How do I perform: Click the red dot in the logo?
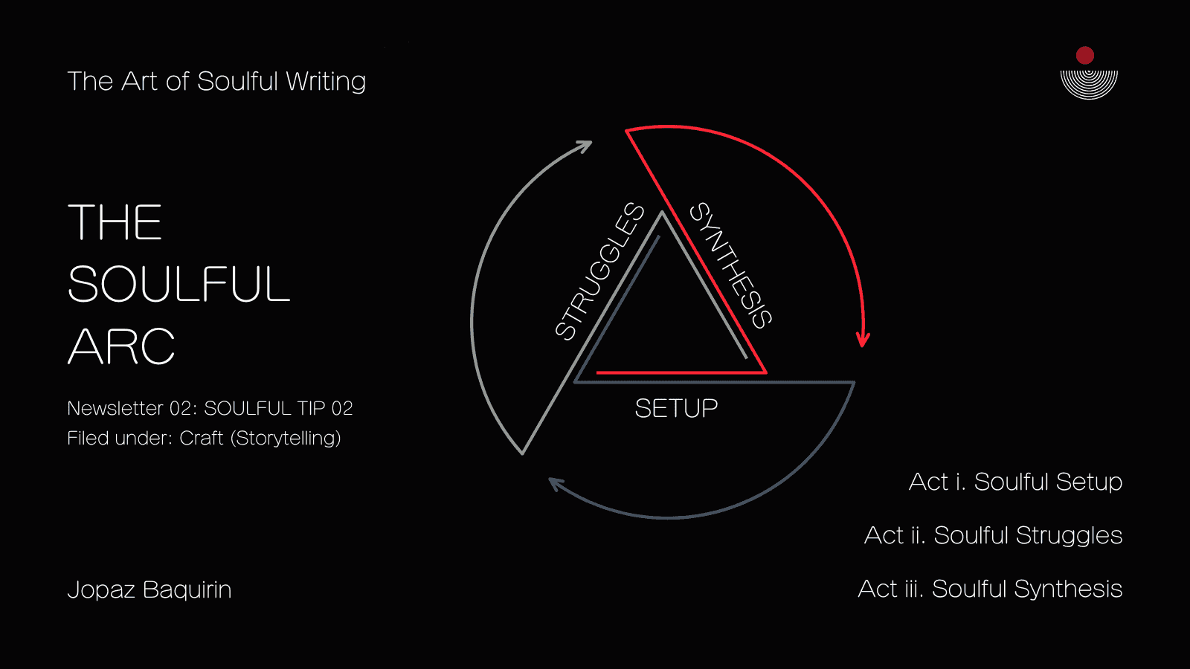click(x=1085, y=55)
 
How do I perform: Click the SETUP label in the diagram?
click(x=676, y=408)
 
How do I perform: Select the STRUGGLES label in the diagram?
click(x=600, y=271)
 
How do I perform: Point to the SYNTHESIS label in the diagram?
click(x=731, y=265)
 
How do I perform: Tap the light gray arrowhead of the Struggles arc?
click(x=585, y=146)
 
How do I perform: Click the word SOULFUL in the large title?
click(x=178, y=284)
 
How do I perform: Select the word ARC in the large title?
click(x=121, y=346)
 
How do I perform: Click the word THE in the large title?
click(x=115, y=222)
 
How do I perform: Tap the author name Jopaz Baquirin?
click(x=149, y=589)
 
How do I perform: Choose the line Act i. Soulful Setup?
click(x=1015, y=482)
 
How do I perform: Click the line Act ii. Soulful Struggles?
click(x=993, y=535)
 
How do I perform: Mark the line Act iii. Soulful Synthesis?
click(x=990, y=589)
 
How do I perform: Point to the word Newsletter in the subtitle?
click(x=115, y=408)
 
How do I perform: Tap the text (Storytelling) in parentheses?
click(x=286, y=438)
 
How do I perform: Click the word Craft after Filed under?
click(x=202, y=438)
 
